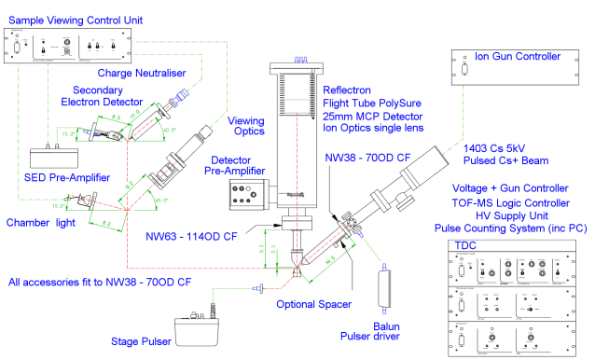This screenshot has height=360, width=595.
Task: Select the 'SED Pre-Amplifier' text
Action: click(x=52, y=178)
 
